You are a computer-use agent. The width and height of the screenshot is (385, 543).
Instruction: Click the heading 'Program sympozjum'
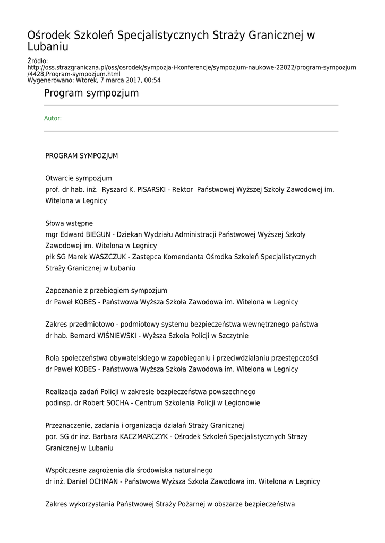91,93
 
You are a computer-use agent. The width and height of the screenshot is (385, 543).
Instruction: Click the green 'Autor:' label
53,118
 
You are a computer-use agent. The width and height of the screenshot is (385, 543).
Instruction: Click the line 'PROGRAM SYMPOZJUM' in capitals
82,156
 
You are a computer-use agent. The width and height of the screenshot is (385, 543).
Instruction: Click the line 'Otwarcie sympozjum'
79,178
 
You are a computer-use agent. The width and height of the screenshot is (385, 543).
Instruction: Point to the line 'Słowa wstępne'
69,223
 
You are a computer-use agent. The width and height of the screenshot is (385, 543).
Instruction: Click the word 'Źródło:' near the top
38,61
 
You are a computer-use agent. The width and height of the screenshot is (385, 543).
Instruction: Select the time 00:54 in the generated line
151,81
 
